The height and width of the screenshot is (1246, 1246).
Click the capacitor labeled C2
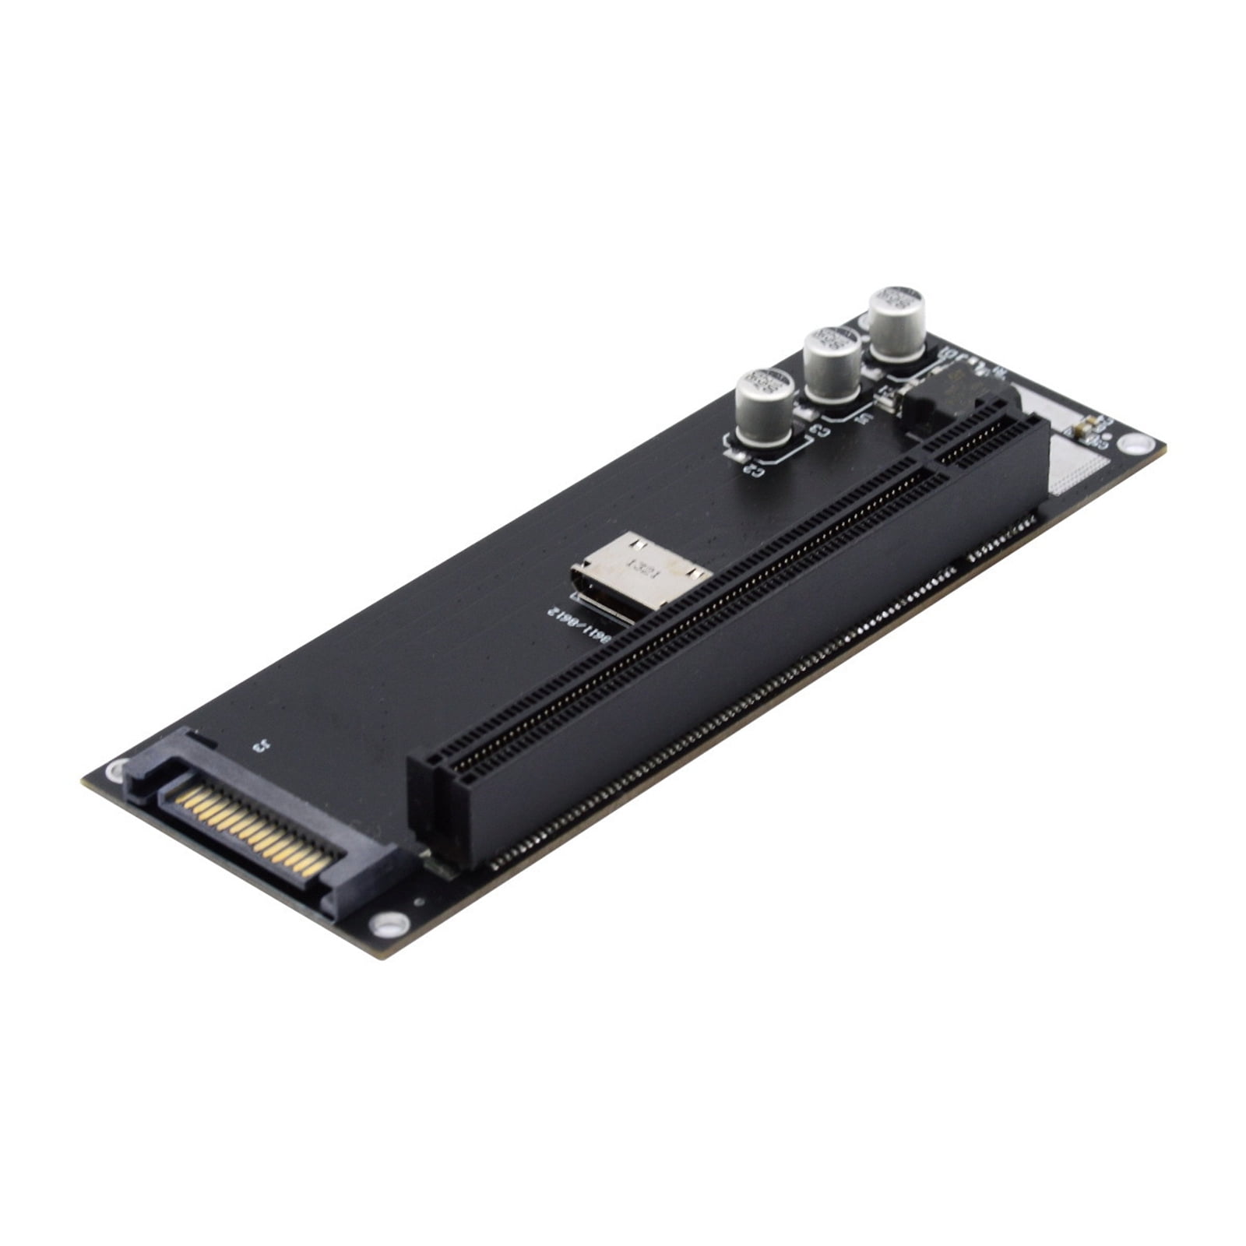764,408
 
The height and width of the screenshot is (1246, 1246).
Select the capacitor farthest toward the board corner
897,324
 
